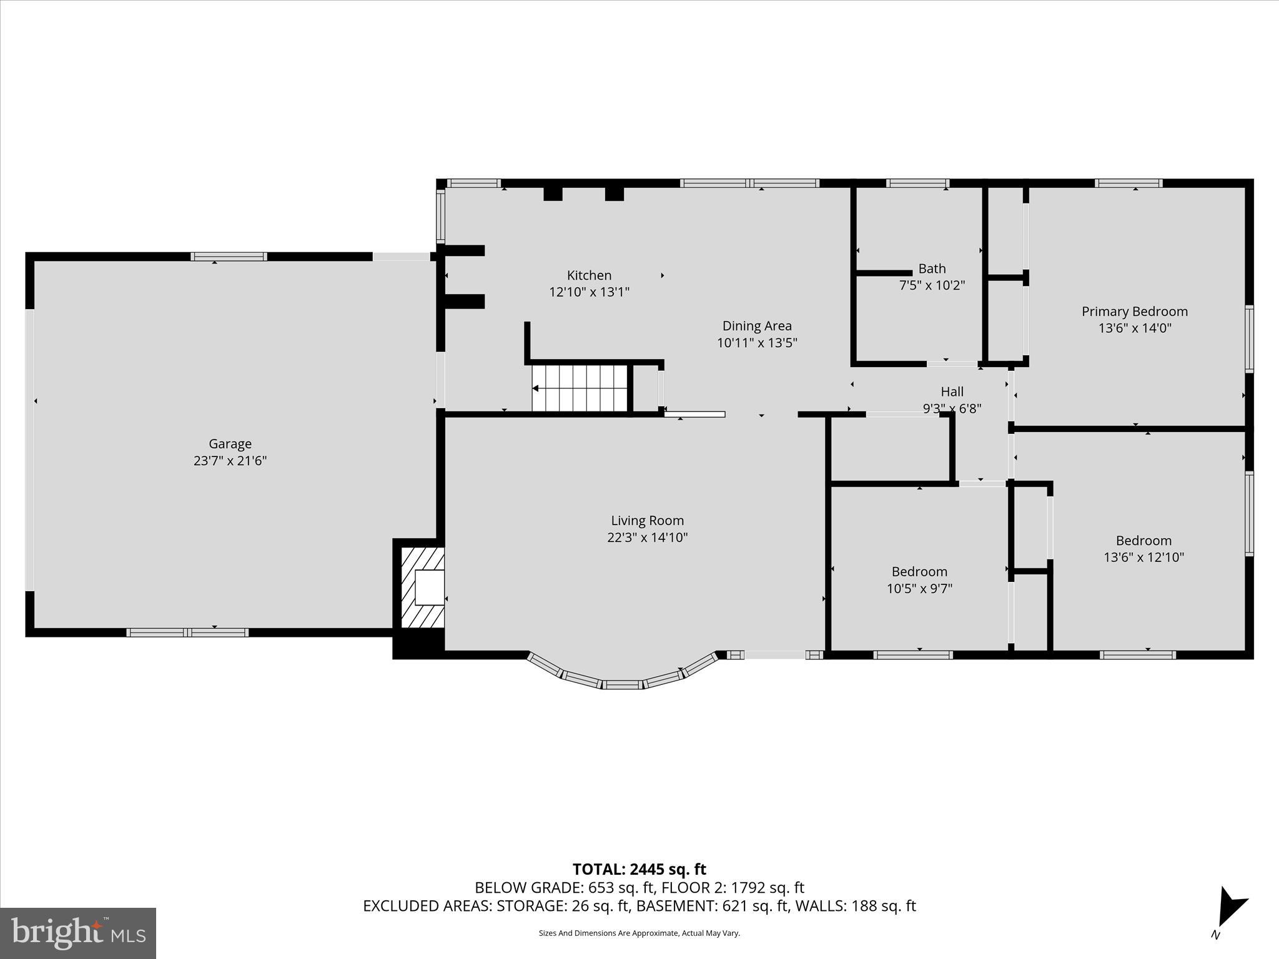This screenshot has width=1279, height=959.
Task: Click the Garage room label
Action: [230, 444]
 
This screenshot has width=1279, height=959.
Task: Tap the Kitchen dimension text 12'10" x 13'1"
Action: [589, 292]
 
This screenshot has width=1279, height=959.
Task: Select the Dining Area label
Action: [757, 326]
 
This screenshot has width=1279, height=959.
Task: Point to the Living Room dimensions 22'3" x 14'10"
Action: [647, 538]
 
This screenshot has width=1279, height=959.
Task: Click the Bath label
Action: [932, 268]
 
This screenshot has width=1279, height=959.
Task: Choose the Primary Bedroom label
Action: [1134, 312]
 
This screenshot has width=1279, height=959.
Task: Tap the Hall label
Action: [952, 391]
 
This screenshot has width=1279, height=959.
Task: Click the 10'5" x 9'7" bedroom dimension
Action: [919, 588]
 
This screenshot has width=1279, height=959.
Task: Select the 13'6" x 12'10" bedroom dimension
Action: [1143, 557]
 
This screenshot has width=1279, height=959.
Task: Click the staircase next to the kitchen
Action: [579, 388]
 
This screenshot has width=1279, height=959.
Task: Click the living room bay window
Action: [622, 678]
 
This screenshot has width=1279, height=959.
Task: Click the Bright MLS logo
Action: [78, 933]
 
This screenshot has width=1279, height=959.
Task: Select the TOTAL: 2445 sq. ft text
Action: [639, 869]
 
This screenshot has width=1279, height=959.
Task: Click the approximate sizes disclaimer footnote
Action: [639, 933]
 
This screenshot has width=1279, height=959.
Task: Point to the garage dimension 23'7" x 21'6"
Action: [230, 461]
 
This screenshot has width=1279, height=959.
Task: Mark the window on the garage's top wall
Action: [229, 257]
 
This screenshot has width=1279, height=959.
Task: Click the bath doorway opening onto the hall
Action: [951, 363]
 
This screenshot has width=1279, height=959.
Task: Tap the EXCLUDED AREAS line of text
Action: [639, 906]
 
